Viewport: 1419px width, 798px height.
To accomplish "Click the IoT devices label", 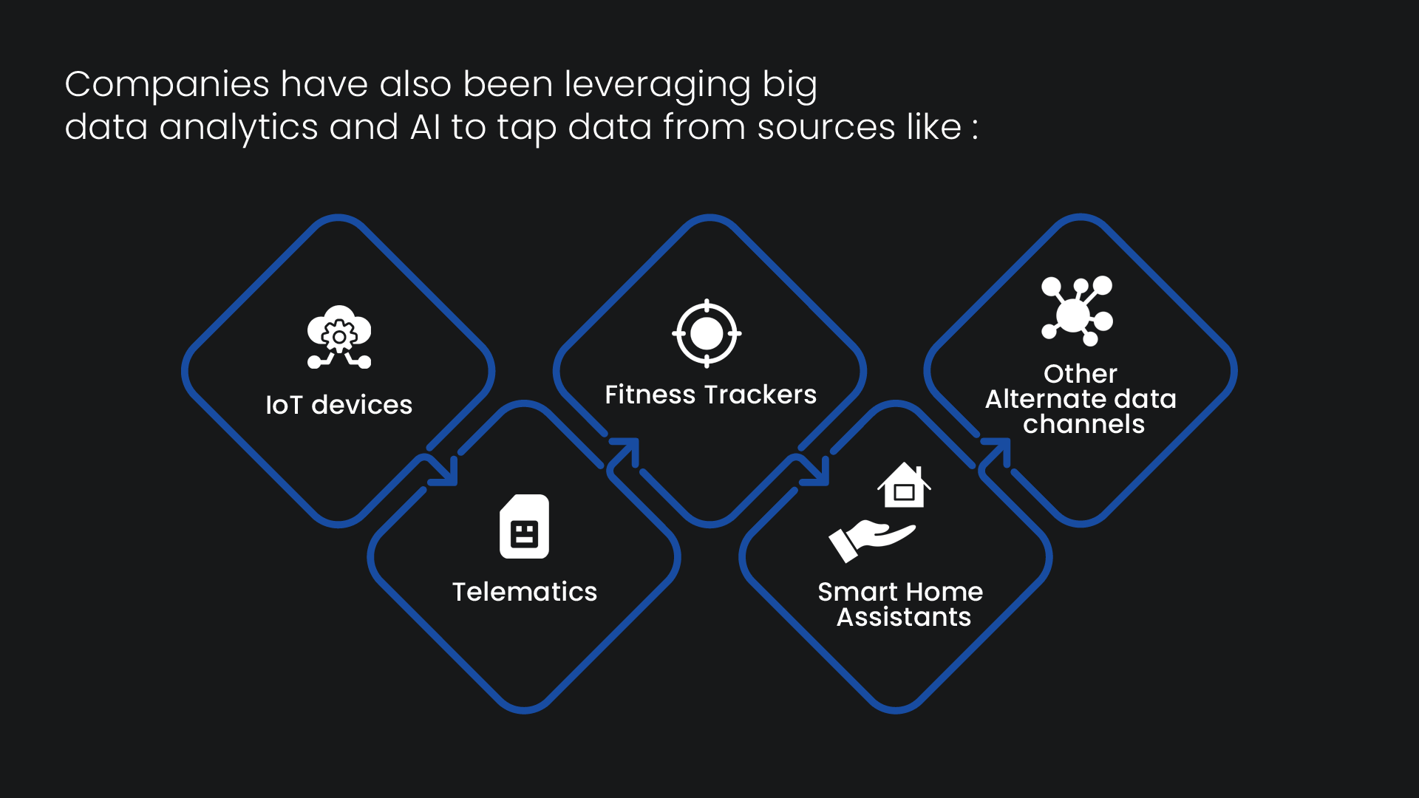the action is click(x=338, y=405).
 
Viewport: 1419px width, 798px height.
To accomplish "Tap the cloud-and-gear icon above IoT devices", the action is click(x=339, y=337).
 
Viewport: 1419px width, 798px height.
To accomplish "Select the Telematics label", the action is click(x=525, y=592).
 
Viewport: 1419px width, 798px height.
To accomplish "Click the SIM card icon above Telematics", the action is click(x=524, y=526).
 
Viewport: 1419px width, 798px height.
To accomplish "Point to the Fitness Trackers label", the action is click(x=711, y=395).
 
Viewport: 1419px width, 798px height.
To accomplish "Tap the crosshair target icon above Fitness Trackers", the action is click(x=707, y=333).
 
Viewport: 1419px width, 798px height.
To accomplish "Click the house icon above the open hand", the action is click(x=904, y=485).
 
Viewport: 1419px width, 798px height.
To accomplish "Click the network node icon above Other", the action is click(x=1077, y=311).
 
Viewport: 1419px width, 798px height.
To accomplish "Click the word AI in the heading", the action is click(x=426, y=127).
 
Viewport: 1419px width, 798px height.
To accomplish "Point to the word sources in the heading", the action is click(x=826, y=128).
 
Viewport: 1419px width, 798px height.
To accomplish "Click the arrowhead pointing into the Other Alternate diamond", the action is click(x=997, y=452).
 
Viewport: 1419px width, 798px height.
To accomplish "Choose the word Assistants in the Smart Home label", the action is click(x=904, y=617).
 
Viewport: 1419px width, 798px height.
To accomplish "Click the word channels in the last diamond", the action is click(x=1083, y=424).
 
